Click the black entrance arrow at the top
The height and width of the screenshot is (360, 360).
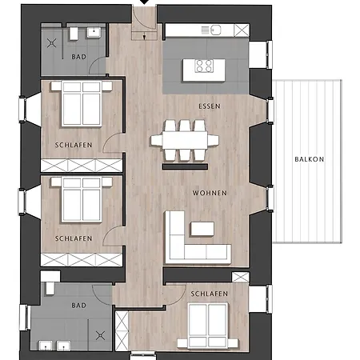[x=145, y=2]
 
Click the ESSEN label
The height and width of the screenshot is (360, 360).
[x=210, y=106]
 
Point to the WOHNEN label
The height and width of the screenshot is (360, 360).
[x=210, y=193]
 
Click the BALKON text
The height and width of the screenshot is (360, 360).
[x=309, y=159]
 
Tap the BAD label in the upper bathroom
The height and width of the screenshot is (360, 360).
[x=78, y=58]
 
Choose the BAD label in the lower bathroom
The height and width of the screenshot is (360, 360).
[x=78, y=306]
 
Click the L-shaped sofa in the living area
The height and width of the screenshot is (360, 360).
[x=189, y=243]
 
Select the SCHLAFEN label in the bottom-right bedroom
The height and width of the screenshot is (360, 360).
[x=210, y=294]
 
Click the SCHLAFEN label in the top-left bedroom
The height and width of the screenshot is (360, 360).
[x=73, y=145]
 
